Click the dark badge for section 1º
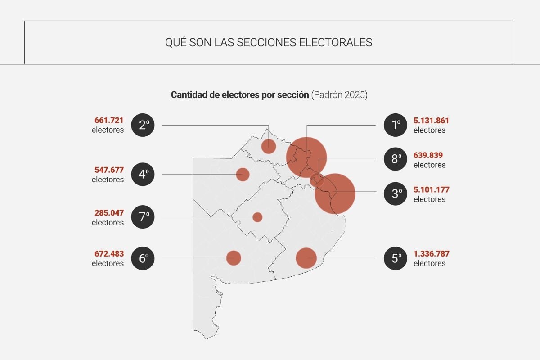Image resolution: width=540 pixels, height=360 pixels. [x=396, y=125]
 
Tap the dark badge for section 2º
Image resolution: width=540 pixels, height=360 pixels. [x=143, y=125]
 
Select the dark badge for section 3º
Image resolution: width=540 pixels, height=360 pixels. [x=396, y=194]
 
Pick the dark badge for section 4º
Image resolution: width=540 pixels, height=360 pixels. [x=143, y=174]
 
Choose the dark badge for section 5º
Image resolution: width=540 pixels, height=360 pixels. [x=396, y=258]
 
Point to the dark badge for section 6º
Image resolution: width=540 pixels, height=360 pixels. [x=143, y=258]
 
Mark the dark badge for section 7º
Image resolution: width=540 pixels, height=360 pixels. [x=143, y=217]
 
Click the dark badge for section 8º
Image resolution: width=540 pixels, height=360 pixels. [x=396, y=159]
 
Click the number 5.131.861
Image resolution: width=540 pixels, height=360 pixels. [x=431, y=121]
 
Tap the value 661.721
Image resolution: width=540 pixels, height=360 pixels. [x=109, y=121]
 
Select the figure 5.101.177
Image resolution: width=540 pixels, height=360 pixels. [x=431, y=189]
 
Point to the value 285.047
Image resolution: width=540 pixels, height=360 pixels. [x=109, y=212]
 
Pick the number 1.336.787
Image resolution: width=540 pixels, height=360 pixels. [x=431, y=254]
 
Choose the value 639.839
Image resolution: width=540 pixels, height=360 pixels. [x=428, y=155]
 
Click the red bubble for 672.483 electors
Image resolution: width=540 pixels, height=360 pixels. [x=234, y=258]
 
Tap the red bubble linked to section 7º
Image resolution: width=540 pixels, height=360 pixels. [x=257, y=217]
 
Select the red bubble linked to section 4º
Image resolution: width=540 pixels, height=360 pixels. [x=243, y=174]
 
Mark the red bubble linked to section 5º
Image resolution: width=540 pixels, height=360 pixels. [x=306, y=258]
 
